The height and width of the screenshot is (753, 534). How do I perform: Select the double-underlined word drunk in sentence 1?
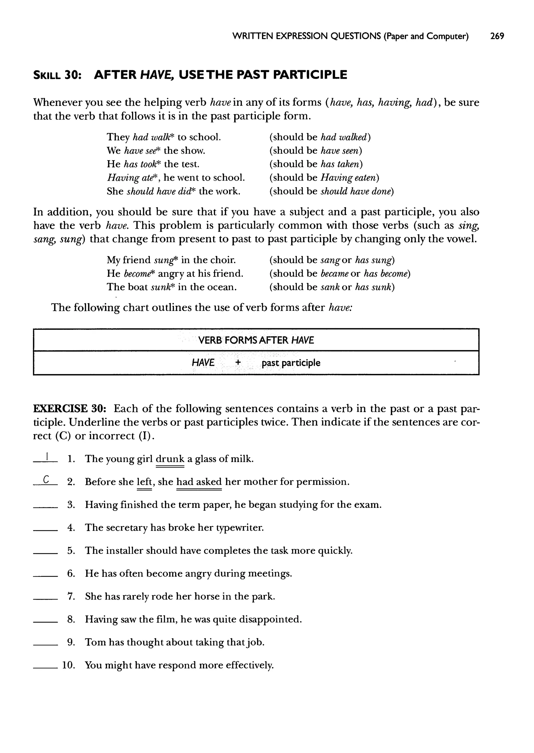(170, 459)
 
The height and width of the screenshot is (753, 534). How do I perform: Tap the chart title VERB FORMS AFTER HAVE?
(256, 340)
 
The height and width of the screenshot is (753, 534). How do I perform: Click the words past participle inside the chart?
(291, 363)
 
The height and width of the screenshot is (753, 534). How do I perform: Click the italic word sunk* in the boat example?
(162, 287)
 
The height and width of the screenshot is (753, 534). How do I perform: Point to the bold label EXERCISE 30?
(70, 409)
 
